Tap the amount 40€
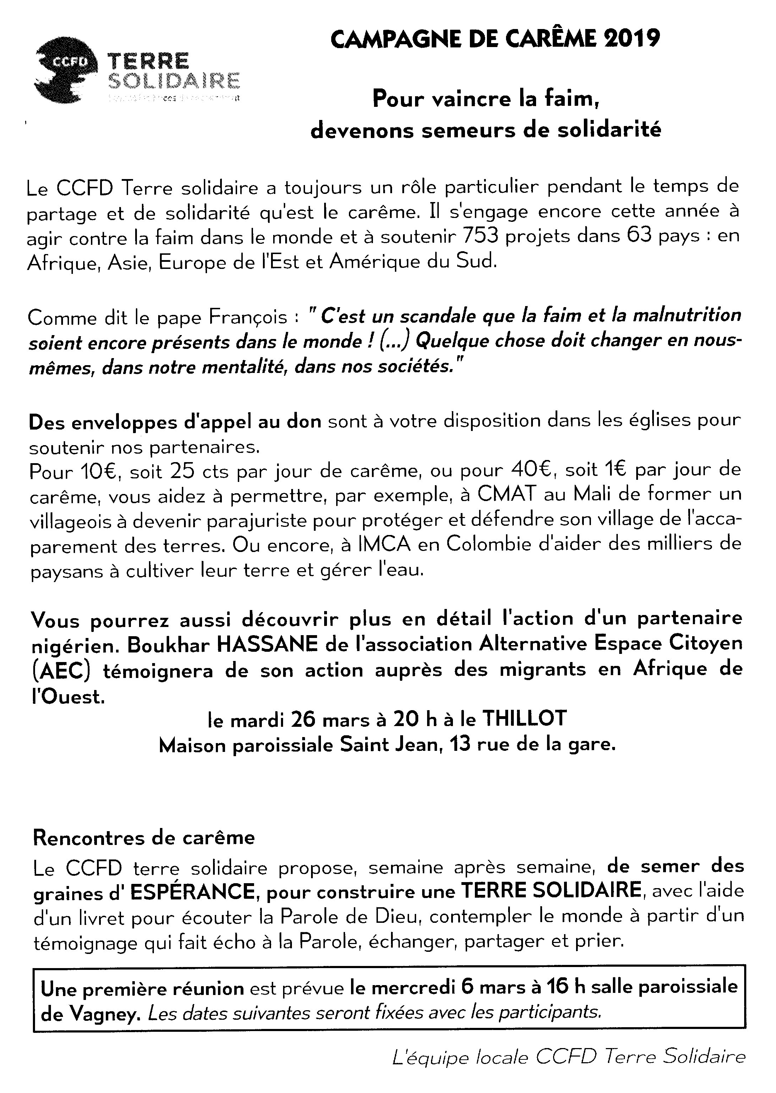[530, 471]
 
